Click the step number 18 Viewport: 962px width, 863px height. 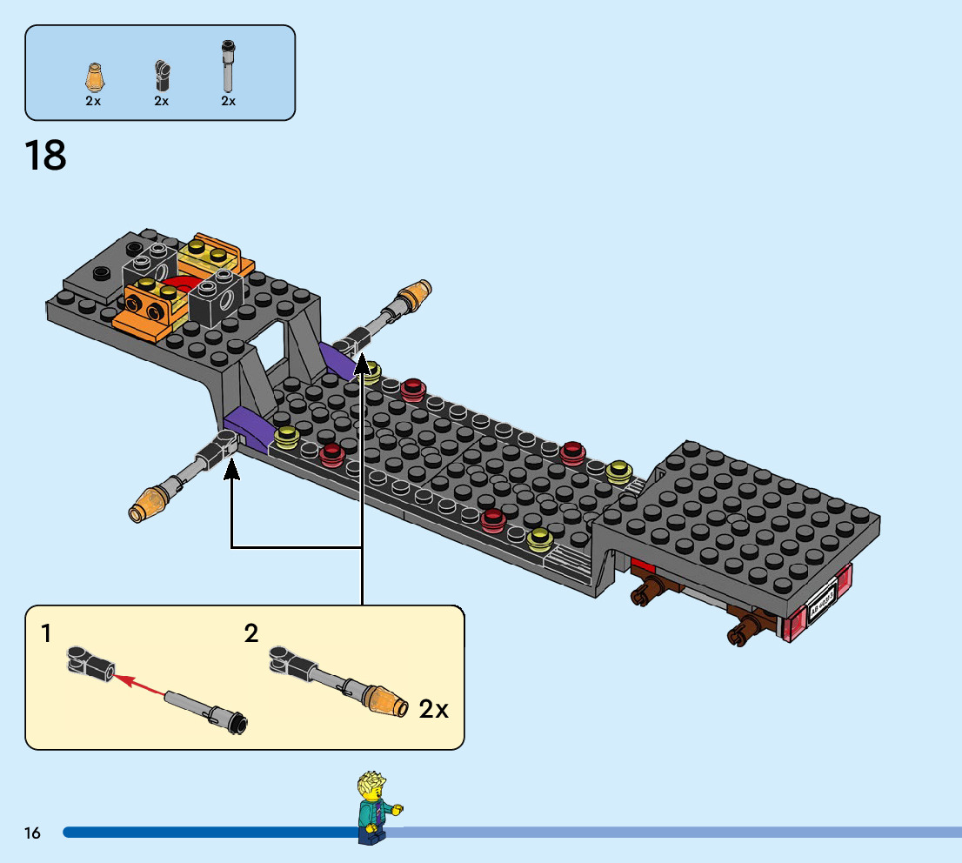45,155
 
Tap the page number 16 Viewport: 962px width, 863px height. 33,833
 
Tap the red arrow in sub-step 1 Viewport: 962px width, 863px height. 139,683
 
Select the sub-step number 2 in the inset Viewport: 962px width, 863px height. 251,633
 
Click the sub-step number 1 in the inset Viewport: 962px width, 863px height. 46,633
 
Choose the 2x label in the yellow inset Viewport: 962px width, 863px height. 434,709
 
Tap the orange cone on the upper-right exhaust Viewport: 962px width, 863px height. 417,294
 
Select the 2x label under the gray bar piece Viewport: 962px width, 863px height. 228,101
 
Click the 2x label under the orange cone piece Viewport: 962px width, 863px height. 93,101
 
